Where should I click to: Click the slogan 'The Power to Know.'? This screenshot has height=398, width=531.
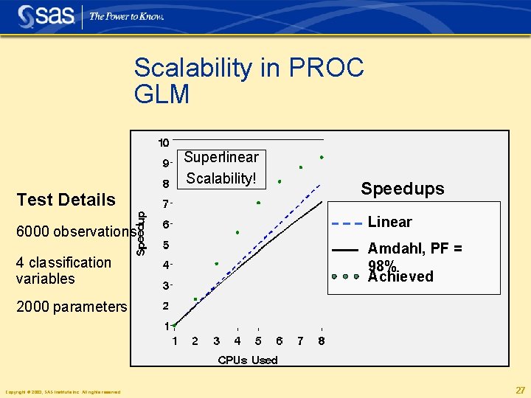pos(126,16)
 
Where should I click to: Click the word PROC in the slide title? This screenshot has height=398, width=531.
pos(324,69)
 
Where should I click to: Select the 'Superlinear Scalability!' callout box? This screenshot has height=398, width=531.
pos(221,168)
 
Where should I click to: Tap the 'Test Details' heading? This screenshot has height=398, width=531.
pos(66,200)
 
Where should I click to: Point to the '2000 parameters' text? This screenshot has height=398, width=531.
pos(72,307)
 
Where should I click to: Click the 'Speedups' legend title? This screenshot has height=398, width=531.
pos(402,189)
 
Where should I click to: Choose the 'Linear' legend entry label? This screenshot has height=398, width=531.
pos(389,222)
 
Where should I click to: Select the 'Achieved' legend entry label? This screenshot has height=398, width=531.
pos(400,277)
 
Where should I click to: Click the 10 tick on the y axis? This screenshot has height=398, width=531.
pos(164,142)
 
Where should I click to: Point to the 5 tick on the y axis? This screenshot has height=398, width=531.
pos(166,245)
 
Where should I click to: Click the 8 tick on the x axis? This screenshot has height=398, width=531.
pos(322,341)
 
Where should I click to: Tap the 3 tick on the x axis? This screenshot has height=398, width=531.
pos(216,341)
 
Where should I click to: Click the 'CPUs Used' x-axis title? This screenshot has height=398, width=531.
pos(248,360)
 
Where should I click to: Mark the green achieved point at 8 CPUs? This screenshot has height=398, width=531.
pos(322,157)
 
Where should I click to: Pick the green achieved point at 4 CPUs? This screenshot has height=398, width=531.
pos(237,232)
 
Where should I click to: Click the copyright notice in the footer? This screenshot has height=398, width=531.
pos(63,392)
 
